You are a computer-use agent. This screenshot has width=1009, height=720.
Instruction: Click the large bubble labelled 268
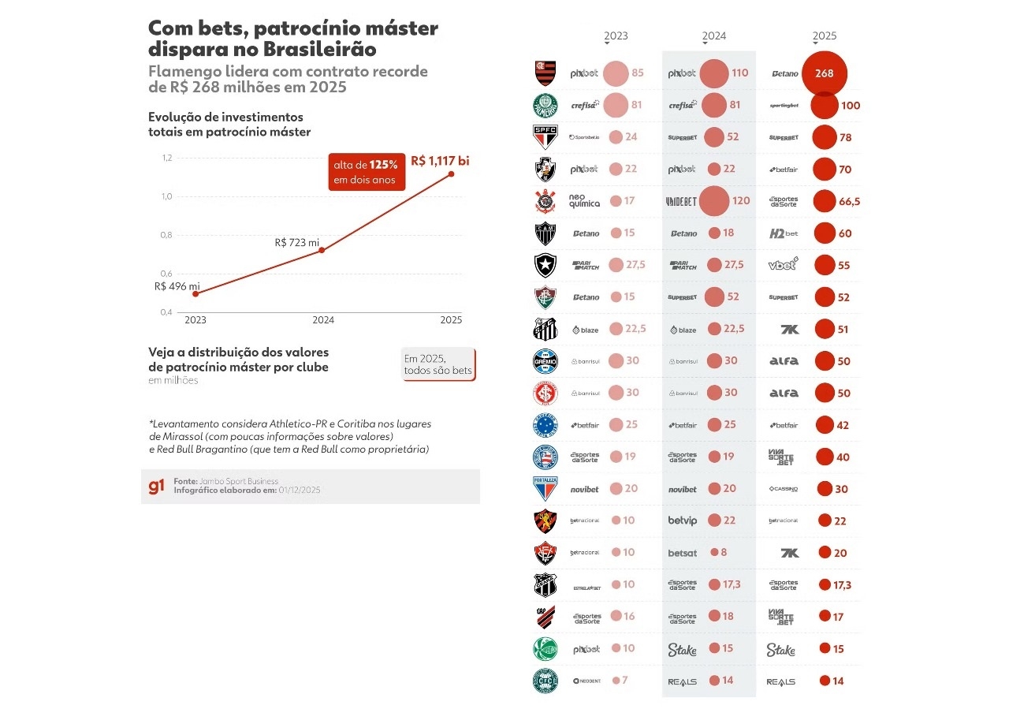coord(824,73)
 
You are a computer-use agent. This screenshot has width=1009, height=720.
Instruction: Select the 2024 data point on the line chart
coord(322,250)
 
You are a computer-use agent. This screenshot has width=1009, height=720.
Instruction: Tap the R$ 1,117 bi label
coord(440,161)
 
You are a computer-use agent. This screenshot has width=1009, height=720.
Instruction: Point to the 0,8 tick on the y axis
coord(166,235)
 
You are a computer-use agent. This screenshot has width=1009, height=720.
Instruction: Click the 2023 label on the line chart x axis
coord(195,320)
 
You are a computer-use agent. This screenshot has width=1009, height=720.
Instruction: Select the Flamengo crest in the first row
coord(545,73)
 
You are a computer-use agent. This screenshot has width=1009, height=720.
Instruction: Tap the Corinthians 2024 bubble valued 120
coord(714,200)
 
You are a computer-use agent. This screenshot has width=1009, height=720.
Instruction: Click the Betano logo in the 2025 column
coord(785,73)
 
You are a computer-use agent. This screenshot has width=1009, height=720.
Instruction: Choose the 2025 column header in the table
coord(825,36)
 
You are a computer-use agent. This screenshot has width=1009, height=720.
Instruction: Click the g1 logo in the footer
coord(157,486)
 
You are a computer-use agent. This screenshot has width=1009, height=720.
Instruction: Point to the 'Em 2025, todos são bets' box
coord(438,364)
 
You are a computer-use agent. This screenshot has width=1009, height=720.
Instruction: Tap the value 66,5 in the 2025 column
coord(849,202)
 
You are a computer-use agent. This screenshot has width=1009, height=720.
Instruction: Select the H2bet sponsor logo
coord(784,233)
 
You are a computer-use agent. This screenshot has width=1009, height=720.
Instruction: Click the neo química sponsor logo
coord(584,201)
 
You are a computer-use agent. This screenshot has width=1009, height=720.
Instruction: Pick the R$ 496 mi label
coord(177,286)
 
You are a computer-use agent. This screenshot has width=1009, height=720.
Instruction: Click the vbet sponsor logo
coord(784,264)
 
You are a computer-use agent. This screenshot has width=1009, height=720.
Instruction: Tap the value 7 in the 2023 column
coord(625,680)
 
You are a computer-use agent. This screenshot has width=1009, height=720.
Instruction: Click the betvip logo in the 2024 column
coord(683,520)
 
